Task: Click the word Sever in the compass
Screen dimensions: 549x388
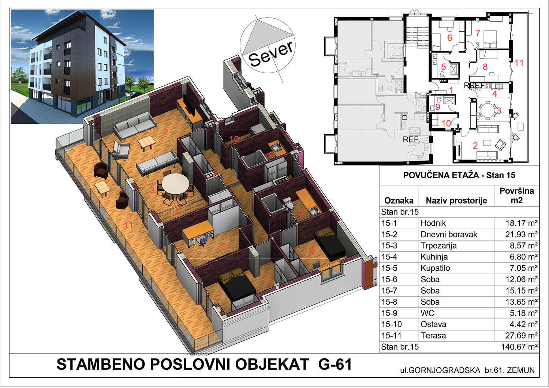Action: click(x=270, y=54)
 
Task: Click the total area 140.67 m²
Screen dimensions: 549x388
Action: click(x=519, y=347)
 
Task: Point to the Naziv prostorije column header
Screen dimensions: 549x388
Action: click(x=456, y=201)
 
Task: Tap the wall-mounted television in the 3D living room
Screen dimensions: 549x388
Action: click(x=190, y=105)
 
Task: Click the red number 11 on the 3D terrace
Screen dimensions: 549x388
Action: click(x=128, y=224)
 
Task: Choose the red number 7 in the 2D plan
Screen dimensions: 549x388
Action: click(x=477, y=33)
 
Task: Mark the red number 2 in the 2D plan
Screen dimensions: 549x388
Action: click(x=475, y=146)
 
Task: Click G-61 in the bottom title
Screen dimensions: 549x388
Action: click(x=335, y=364)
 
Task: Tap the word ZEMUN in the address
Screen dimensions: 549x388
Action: click(x=521, y=370)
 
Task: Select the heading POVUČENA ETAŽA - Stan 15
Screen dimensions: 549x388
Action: click(x=459, y=175)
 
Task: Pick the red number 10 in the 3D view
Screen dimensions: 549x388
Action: click(x=234, y=139)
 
